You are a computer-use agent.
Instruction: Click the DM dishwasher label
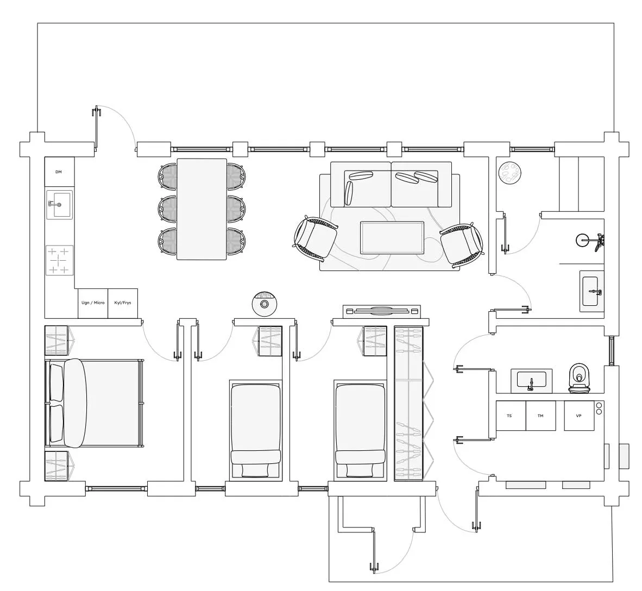click(x=59, y=172)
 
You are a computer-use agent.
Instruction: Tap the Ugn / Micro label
click(x=93, y=303)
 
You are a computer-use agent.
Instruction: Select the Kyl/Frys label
click(x=123, y=303)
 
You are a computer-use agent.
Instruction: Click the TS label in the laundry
click(x=509, y=416)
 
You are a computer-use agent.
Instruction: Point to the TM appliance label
click(x=540, y=416)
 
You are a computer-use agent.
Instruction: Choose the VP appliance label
click(x=578, y=416)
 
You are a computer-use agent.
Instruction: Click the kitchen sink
click(x=59, y=204)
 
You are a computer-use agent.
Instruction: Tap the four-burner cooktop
click(x=60, y=260)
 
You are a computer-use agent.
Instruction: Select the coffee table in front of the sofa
click(x=392, y=238)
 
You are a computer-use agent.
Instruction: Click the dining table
click(x=202, y=209)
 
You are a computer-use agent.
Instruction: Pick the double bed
click(x=94, y=404)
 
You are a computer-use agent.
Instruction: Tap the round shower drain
click(x=581, y=240)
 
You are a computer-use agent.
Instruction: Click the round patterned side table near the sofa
click(x=510, y=173)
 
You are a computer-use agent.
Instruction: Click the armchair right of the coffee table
click(x=462, y=243)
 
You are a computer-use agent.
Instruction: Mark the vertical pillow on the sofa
click(x=349, y=193)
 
